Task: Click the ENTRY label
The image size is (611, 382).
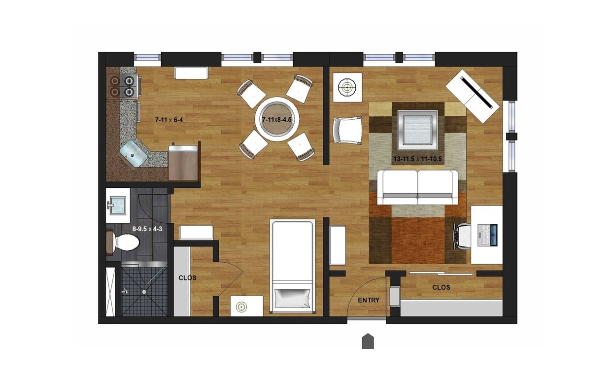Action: [x=369, y=300]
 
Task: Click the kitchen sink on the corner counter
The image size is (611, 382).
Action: [x=134, y=153]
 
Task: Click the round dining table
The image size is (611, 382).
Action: [x=276, y=118]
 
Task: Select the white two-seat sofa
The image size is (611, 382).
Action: [x=417, y=187]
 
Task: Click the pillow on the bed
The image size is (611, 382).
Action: [x=293, y=297]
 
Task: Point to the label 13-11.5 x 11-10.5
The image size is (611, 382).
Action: [x=417, y=159]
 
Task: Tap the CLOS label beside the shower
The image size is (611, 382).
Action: [x=187, y=278]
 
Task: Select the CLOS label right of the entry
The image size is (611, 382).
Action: [x=441, y=287]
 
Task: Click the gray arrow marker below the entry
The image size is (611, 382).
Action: [x=368, y=341]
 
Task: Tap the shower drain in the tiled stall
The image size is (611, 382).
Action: [x=144, y=292]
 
